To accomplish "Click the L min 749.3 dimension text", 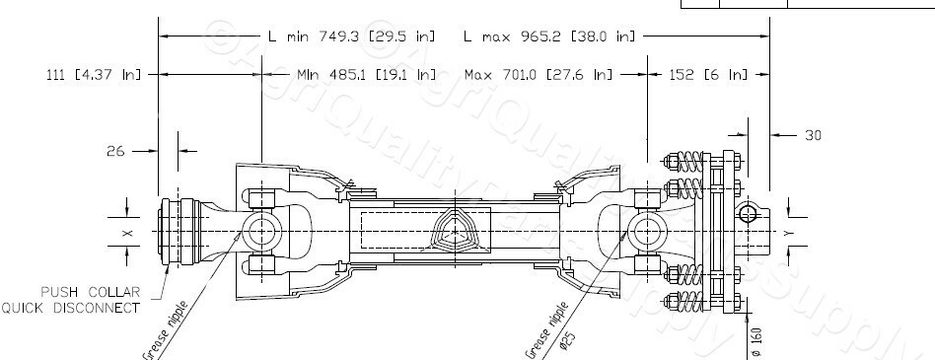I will pos(351,36).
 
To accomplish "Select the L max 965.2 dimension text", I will pos(549,36).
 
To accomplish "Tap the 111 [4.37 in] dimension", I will pos(94,74).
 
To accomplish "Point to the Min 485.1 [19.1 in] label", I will pos(366,74).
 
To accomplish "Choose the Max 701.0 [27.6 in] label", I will pos(538,74).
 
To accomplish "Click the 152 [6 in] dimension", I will pos(707,74).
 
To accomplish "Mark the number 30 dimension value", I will pos(813,135).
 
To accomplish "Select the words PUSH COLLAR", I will pos(88,293).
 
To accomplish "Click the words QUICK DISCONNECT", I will pos(69,308).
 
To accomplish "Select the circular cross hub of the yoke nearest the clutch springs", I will pos(646,234).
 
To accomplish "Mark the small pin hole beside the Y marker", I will pos(751,214).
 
